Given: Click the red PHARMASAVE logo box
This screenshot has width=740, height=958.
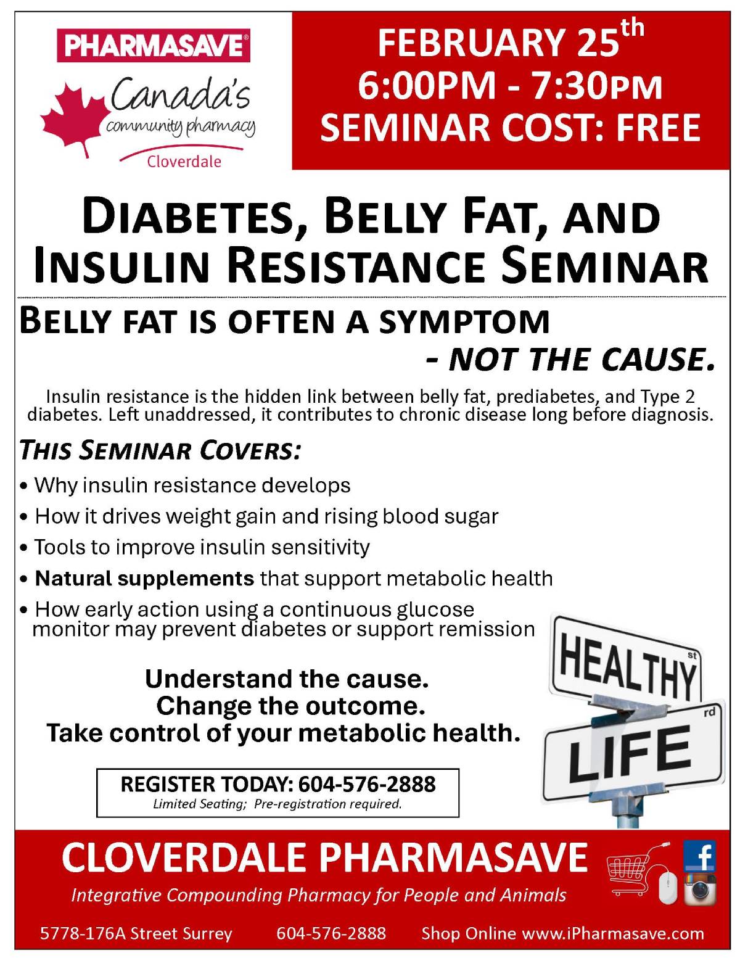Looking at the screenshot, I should [154, 45].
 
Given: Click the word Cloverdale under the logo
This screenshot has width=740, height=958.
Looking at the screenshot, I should [184, 162].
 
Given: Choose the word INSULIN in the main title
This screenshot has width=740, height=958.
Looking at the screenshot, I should [123, 266].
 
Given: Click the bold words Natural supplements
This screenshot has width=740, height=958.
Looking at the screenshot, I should [144, 579].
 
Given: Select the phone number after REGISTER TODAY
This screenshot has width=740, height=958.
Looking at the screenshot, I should [367, 784].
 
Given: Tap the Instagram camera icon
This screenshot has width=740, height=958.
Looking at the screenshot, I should [700, 889].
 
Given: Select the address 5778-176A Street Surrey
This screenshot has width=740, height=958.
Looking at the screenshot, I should [136, 933].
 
